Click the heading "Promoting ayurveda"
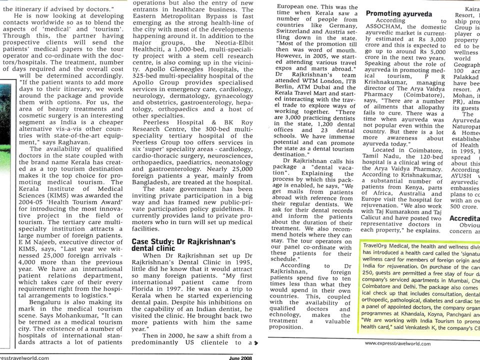[397, 13]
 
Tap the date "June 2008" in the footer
[240, 356]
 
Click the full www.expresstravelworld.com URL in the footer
[398, 343]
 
